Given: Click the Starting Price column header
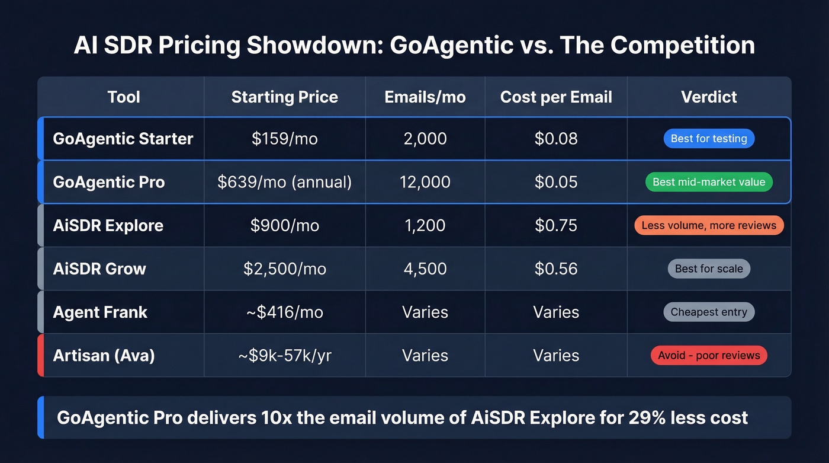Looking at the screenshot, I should (x=284, y=97).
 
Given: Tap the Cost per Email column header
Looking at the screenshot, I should (x=556, y=97).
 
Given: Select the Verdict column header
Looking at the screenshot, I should (x=709, y=97).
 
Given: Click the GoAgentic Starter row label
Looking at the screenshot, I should (x=123, y=139).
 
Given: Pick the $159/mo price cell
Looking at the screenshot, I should (x=284, y=139).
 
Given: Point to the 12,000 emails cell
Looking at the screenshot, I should (x=425, y=182).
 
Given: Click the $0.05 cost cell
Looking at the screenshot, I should (x=556, y=182).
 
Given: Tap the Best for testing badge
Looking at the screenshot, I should (x=709, y=139).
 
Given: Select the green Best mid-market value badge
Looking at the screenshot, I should (x=709, y=182).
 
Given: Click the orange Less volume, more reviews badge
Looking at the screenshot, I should (x=709, y=225).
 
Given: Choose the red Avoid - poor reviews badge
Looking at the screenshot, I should (x=709, y=355).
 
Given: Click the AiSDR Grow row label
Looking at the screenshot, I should (x=99, y=269).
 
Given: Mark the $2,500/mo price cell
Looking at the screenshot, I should (x=284, y=269).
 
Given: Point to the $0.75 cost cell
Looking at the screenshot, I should (x=556, y=225).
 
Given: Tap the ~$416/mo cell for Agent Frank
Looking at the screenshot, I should (x=284, y=312).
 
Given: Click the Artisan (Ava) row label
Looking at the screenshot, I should (x=104, y=355).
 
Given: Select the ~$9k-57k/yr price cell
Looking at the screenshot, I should (x=284, y=355).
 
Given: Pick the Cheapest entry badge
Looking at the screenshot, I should (x=709, y=312).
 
